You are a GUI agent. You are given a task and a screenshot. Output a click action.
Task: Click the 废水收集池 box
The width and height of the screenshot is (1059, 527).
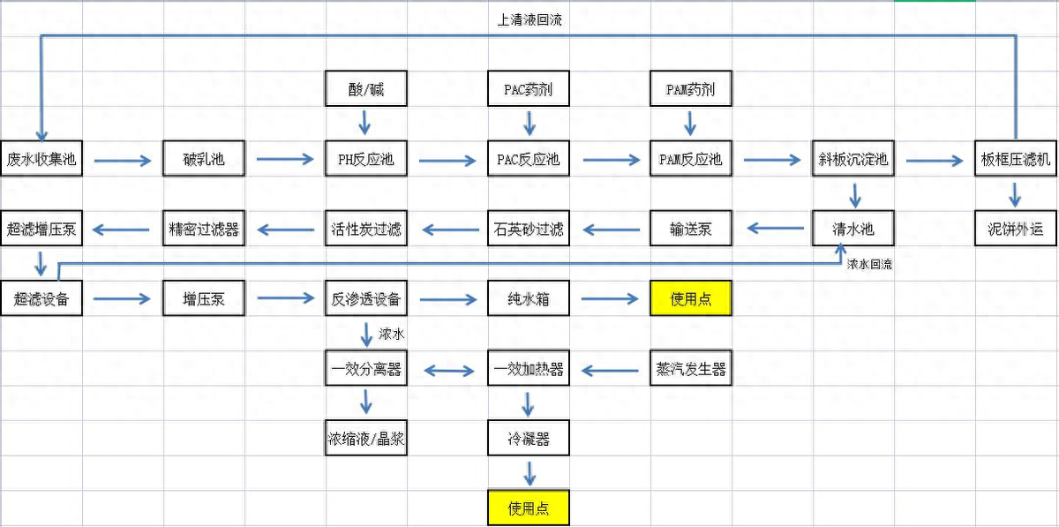41,160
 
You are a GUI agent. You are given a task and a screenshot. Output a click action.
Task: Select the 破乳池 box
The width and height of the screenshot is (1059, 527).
203,160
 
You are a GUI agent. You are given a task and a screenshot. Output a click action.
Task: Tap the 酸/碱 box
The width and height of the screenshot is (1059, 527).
365,90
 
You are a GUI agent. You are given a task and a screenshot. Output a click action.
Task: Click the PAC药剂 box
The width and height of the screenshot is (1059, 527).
528,90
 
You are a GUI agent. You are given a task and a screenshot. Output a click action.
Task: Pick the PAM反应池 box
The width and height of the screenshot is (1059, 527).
690,160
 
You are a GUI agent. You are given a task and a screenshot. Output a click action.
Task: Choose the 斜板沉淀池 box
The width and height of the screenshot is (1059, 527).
852,160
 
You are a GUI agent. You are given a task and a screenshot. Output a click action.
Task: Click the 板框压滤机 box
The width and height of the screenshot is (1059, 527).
1016,160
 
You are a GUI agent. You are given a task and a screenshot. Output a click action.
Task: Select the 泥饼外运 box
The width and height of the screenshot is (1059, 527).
1016,230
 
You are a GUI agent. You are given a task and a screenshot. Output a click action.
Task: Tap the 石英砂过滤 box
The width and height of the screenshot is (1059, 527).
528,230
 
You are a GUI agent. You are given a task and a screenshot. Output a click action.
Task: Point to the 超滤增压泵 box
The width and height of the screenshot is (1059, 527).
41,230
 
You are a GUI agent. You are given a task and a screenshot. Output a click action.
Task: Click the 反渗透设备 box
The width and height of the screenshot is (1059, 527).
365,299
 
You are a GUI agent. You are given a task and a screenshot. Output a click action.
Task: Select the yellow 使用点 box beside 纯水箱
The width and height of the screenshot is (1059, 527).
690,299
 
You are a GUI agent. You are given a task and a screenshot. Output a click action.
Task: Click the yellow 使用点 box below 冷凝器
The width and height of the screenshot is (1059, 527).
528,508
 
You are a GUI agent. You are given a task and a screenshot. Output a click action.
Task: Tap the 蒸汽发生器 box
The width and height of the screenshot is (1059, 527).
690,369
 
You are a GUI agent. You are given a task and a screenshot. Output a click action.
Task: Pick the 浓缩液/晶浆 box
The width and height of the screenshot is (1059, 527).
365,439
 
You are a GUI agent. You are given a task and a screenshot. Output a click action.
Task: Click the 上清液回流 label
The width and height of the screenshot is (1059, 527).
529,20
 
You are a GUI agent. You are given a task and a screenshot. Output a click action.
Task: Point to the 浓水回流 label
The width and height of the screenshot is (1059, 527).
869,264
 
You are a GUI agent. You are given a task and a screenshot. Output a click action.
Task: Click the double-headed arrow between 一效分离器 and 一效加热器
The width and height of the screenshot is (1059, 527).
447,370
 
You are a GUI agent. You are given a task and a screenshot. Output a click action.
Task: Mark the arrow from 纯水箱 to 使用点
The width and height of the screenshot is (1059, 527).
609,300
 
